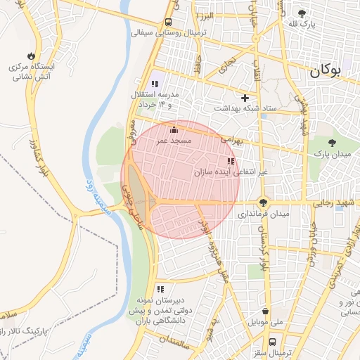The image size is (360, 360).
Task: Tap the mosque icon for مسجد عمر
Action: click(174, 129)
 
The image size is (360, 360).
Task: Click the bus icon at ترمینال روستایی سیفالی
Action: click(168, 22)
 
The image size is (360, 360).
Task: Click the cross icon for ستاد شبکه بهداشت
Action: click(245, 98)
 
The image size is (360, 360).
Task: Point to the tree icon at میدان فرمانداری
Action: click(264, 202)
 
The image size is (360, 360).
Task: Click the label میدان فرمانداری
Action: click(264, 213)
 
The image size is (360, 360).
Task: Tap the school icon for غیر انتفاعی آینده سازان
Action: click(231, 161)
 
